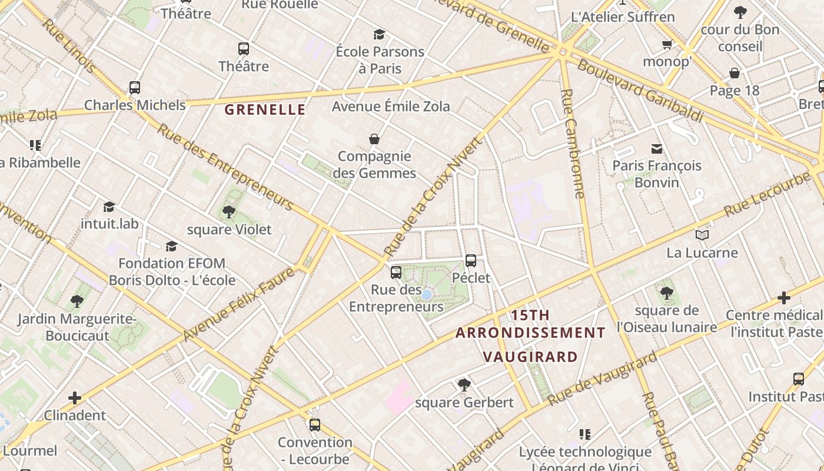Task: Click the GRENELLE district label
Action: pos(265,110)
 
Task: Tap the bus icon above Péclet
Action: pos(471,260)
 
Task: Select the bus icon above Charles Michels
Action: pos(135,88)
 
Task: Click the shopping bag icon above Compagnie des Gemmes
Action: pos(374,139)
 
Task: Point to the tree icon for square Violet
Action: pos(229,212)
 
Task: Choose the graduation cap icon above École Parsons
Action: pos(380,34)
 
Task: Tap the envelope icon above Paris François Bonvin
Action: pos(657,148)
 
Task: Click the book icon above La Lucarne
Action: pos(702,235)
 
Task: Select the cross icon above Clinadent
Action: pos(75,398)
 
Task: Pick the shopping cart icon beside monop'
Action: pos(667,45)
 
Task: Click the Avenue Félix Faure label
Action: pos(238,304)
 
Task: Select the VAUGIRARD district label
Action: pos(530,357)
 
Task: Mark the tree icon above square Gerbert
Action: pos(464,385)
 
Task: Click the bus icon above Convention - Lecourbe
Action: pos(315,424)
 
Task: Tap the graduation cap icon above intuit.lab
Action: pos(109,206)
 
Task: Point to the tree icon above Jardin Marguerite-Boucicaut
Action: pos(77,301)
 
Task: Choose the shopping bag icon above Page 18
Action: pos(735,73)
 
